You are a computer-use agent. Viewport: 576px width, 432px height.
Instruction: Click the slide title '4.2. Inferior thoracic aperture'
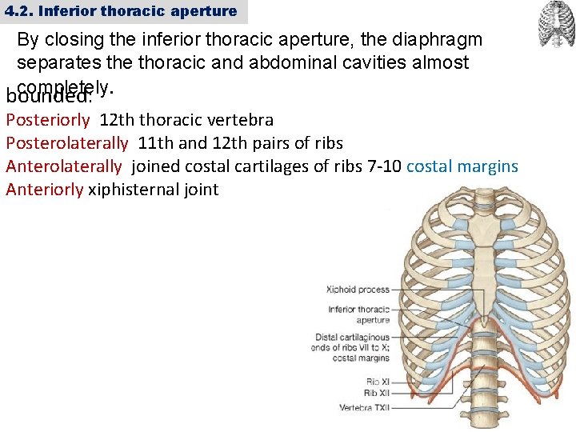coord(121,11)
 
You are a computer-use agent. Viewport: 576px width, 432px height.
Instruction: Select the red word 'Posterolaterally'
coord(67,144)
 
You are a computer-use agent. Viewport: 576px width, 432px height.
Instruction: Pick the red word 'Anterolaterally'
coord(64,167)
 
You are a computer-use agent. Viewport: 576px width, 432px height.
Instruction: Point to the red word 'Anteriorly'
coord(45,190)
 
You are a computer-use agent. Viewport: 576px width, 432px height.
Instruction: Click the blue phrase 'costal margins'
coord(462,167)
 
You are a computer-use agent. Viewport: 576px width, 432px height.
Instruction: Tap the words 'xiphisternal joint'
coord(154,190)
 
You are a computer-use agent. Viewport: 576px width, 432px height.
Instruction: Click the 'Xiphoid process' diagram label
coord(358,290)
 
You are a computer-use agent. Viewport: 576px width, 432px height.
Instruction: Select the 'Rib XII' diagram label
coord(376,393)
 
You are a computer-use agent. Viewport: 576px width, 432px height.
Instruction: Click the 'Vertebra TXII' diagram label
coord(364,408)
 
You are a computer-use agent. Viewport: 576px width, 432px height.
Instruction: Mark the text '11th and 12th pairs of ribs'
coord(241,144)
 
